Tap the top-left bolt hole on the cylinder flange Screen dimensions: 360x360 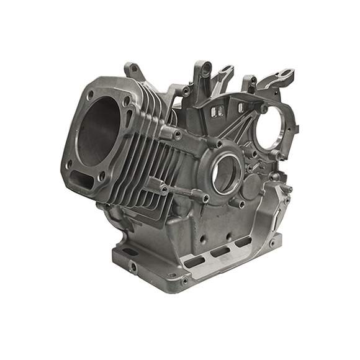(90, 96)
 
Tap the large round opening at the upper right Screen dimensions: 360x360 (271, 131)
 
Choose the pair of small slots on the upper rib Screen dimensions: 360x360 (217, 111)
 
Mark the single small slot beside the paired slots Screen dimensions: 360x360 (241, 107)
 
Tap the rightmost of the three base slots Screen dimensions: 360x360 (243, 243)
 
